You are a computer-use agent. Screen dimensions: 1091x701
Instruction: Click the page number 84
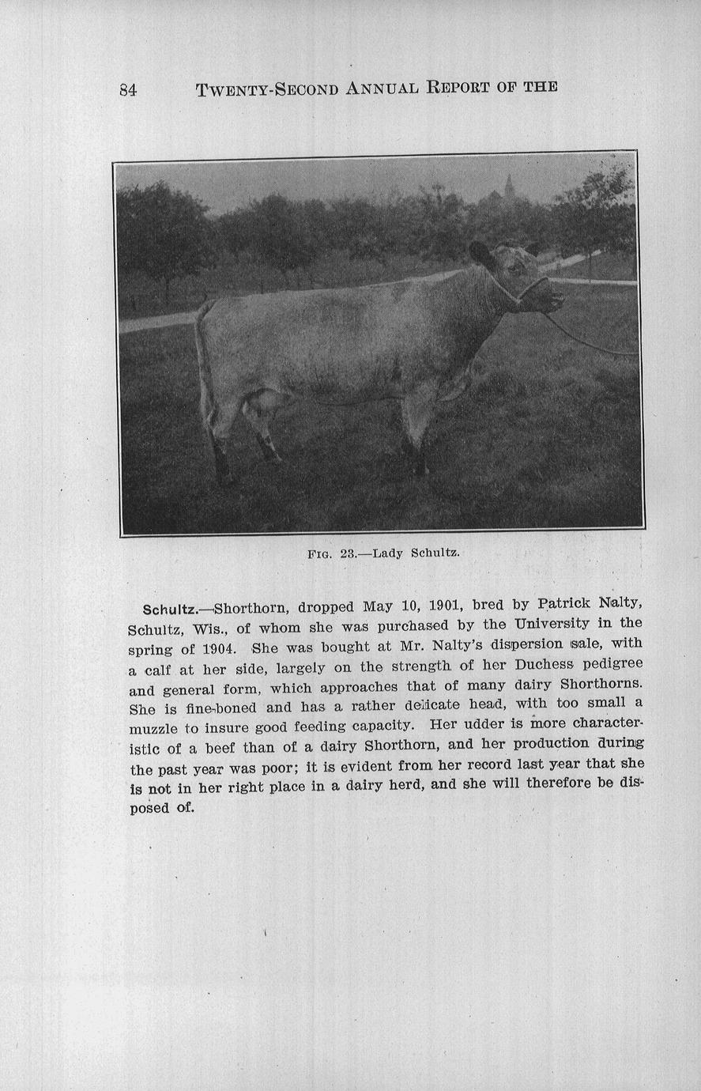click(128, 90)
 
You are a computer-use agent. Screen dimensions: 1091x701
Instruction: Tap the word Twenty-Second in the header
click(268, 89)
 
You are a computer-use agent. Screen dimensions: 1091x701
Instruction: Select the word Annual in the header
click(382, 88)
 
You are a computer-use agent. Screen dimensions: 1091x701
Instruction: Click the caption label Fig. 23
click(332, 553)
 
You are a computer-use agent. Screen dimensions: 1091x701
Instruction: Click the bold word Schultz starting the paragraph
click(169, 610)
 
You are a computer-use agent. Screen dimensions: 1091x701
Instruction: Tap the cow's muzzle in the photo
click(553, 299)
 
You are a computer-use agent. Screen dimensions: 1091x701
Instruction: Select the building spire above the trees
click(509, 187)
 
